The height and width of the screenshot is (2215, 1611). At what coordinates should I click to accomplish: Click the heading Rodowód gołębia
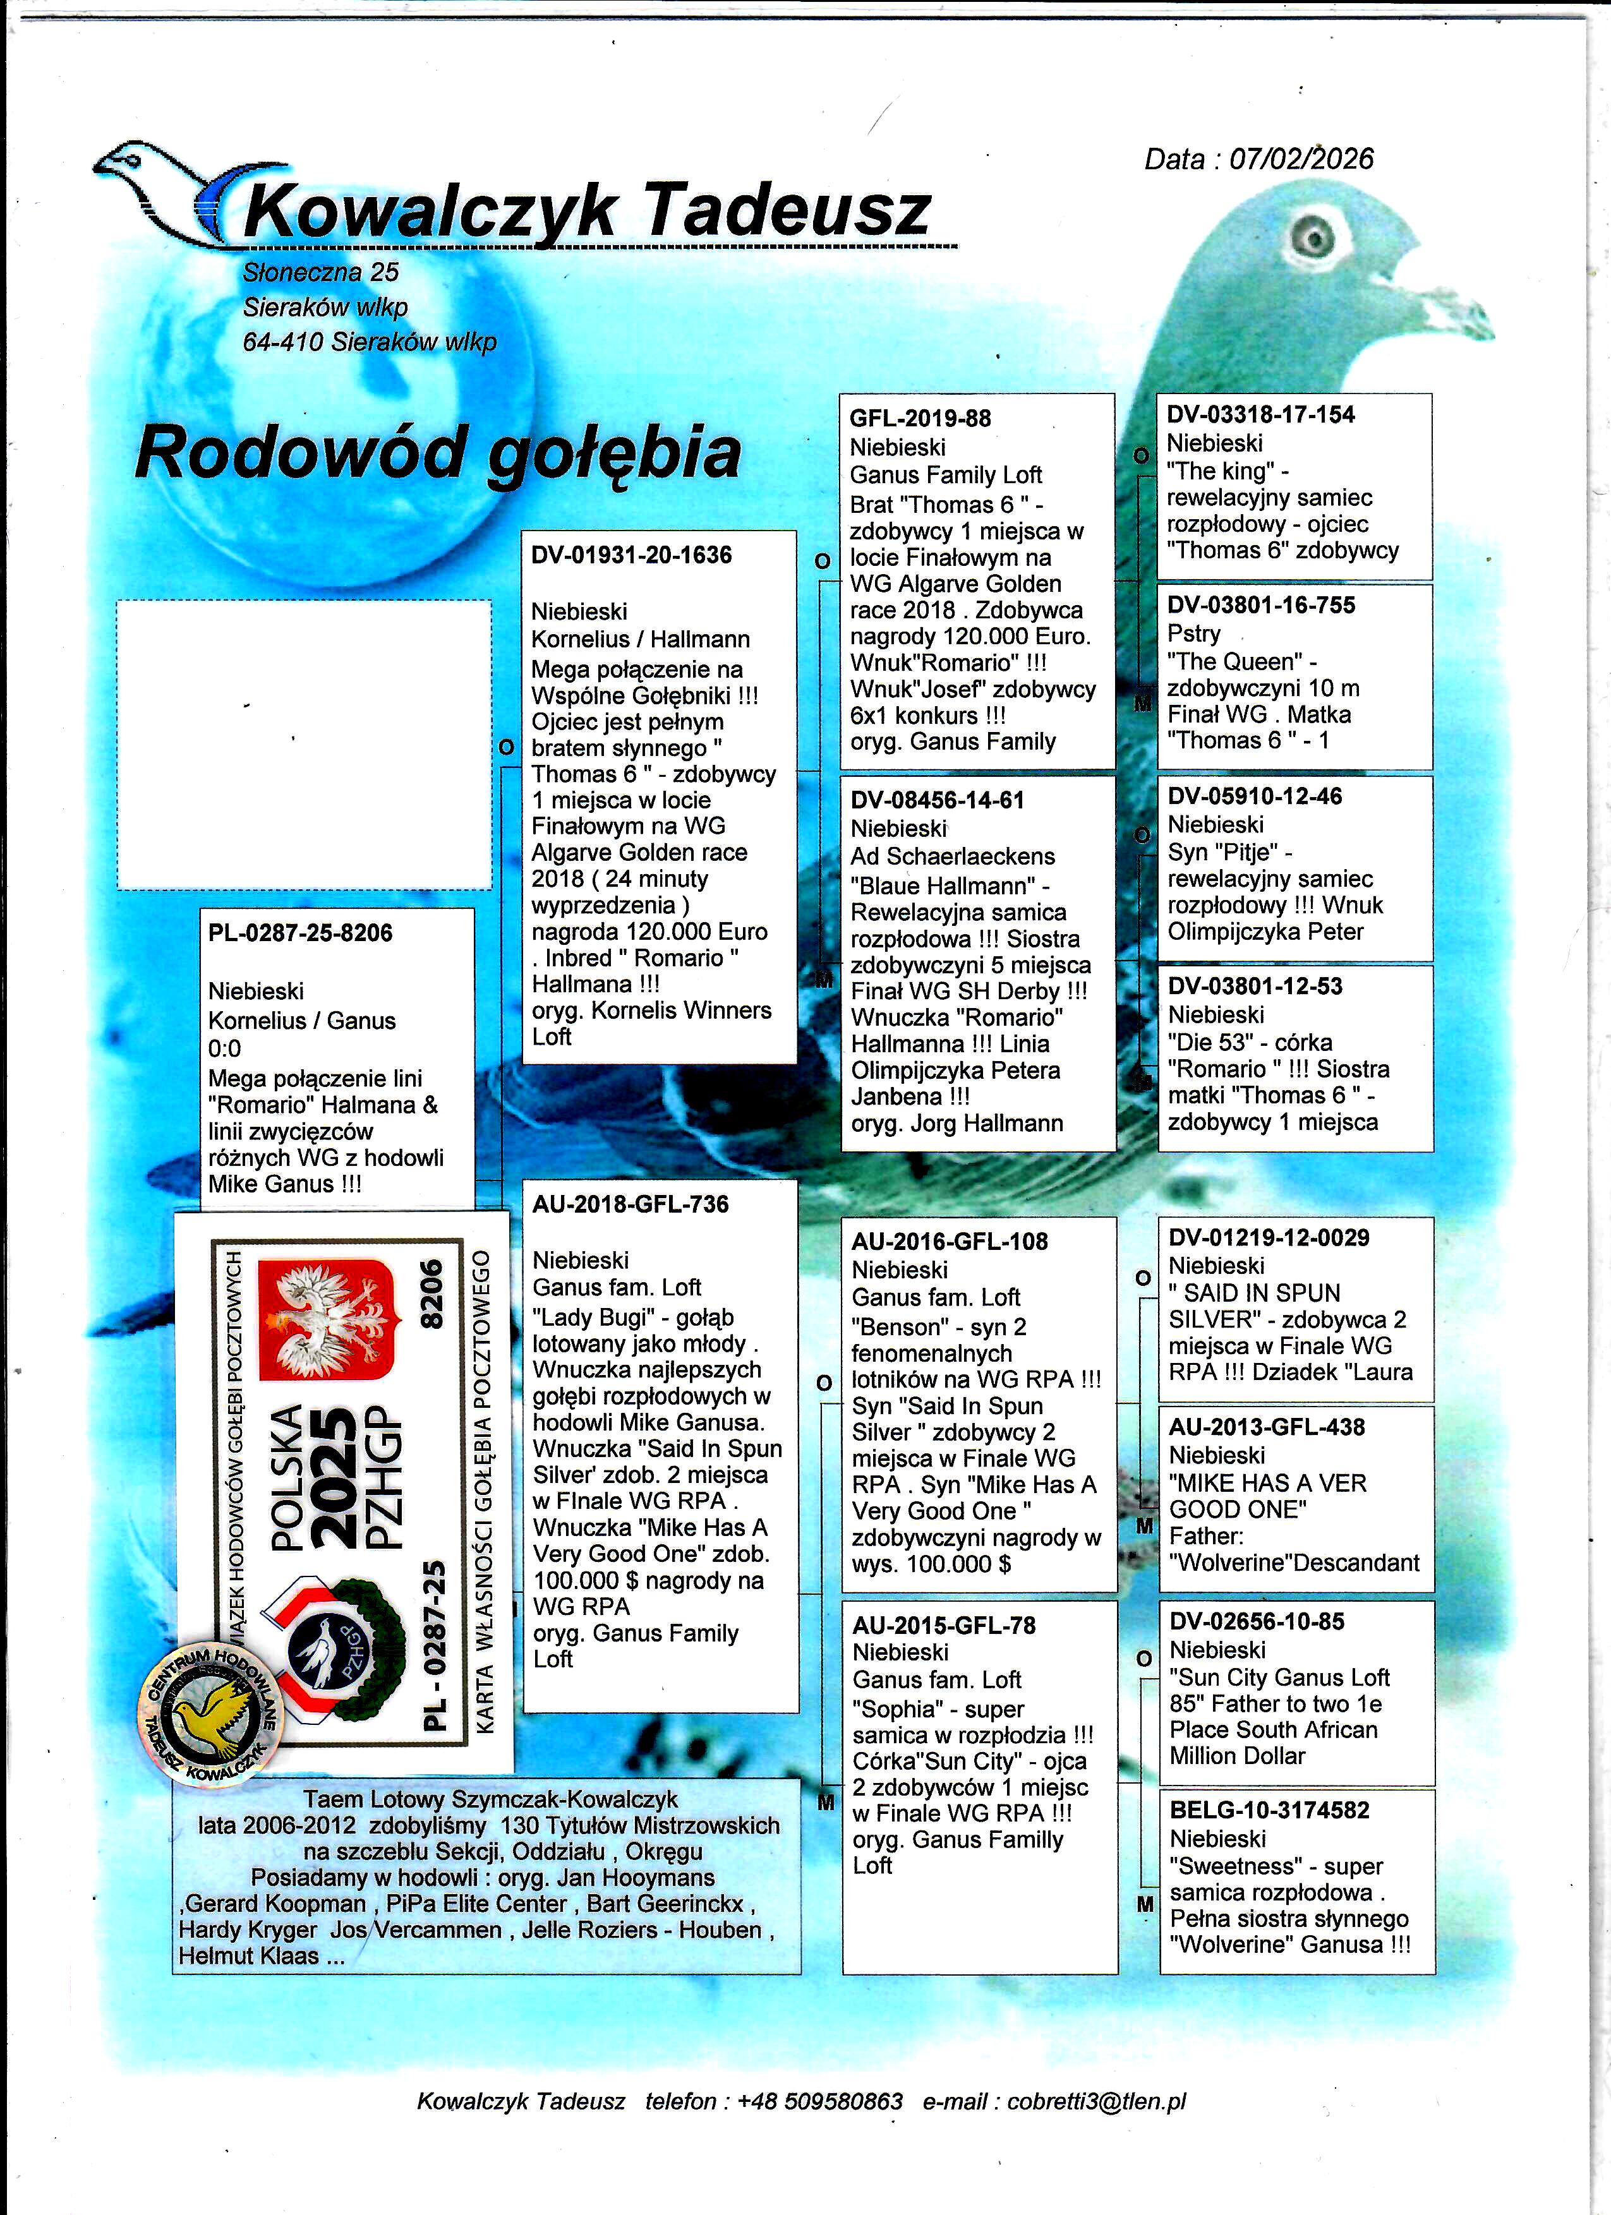pos(438,452)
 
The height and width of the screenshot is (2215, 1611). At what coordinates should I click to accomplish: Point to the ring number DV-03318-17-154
pos(1260,415)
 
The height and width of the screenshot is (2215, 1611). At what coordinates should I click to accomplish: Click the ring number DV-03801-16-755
pos(1260,606)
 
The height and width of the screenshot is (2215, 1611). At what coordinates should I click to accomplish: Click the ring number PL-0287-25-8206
pos(300,933)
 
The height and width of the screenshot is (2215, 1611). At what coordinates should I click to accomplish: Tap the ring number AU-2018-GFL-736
pos(630,1205)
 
